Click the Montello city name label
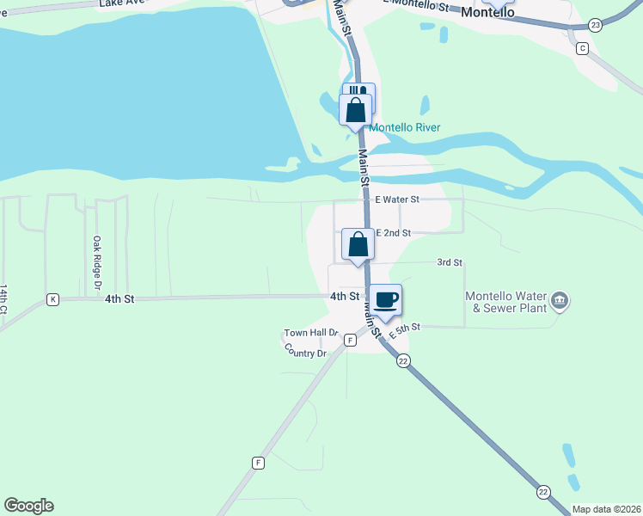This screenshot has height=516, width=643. click(487, 13)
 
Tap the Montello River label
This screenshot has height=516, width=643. click(404, 128)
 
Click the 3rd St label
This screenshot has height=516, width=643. click(450, 262)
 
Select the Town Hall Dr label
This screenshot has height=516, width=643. click(312, 333)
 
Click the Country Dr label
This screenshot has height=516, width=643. click(305, 353)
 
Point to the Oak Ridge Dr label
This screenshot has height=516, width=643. click(97, 261)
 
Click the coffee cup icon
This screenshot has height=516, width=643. click(385, 299)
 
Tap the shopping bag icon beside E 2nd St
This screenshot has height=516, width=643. click(358, 244)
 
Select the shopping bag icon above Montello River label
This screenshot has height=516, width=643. click(356, 110)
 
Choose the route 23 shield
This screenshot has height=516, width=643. click(596, 26)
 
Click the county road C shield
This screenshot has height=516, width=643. click(582, 48)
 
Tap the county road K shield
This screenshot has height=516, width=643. click(53, 299)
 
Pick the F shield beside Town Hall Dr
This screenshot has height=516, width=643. click(350, 341)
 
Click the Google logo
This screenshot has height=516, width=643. click(28, 506)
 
